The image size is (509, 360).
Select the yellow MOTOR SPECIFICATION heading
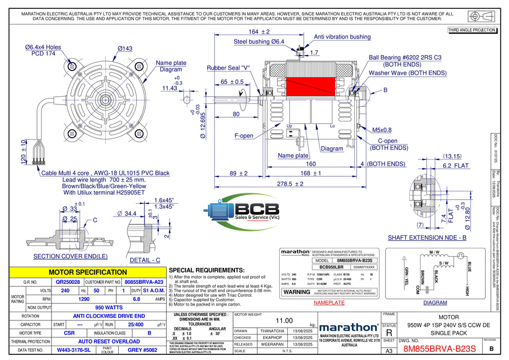tap(87, 272)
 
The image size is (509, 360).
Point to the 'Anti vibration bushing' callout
tap(342, 37)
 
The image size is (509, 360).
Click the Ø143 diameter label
tap(125, 48)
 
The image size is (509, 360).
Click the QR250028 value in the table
tap(68, 282)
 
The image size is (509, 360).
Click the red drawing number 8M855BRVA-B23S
tap(440, 349)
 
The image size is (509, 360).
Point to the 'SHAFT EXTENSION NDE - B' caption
tap(427, 238)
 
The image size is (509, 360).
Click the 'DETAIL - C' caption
tap(145, 260)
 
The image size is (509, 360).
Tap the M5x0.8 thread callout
tap(381, 130)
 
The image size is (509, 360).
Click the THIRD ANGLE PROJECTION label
tap(472, 30)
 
